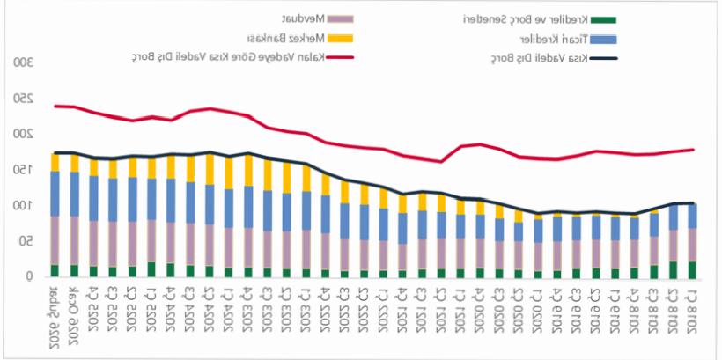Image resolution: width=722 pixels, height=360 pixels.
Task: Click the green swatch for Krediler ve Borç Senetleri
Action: tap(605, 18)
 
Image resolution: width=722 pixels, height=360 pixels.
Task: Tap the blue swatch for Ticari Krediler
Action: tap(605, 39)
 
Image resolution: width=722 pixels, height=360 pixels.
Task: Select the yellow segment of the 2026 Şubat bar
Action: tap(55, 162)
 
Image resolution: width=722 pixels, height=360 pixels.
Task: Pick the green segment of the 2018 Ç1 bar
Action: tap(692, 269)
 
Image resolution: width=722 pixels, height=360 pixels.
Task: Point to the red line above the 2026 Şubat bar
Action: tap(55, 106)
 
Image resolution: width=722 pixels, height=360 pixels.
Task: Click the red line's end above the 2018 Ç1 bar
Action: tap(693, 149)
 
